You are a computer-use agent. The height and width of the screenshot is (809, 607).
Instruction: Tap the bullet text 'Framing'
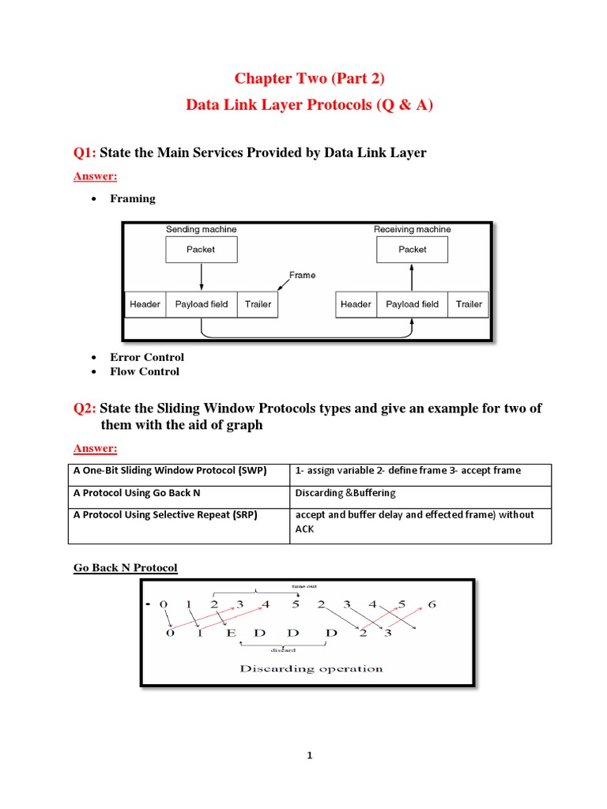[x=133, y=198]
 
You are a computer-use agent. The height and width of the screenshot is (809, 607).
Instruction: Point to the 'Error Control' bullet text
[x=147, y=357]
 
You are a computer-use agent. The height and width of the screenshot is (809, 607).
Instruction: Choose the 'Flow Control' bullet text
[x=145, y=371]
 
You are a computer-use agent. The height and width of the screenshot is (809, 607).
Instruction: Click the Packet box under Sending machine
[x=201, y=250]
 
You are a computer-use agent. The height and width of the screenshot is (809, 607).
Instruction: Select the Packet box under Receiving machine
[x=412, y=250]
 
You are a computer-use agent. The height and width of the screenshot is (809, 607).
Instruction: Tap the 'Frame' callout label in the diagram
[x=302, y=276]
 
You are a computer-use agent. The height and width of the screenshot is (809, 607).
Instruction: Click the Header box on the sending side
[x=145, y=304]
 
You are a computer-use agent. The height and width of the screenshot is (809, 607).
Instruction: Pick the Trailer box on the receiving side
[x=469, y=304]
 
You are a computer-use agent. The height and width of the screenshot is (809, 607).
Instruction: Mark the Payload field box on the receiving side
[x=412, y=304]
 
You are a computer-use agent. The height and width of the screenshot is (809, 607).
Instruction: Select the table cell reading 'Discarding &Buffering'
[x=345, y=493]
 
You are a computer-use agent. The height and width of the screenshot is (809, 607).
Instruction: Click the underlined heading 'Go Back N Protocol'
[x=125, y=568]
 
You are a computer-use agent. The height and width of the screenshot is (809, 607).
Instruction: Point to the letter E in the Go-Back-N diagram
[x=231, y=634]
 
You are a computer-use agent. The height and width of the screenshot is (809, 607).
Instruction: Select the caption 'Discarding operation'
[x=311, y=668]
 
